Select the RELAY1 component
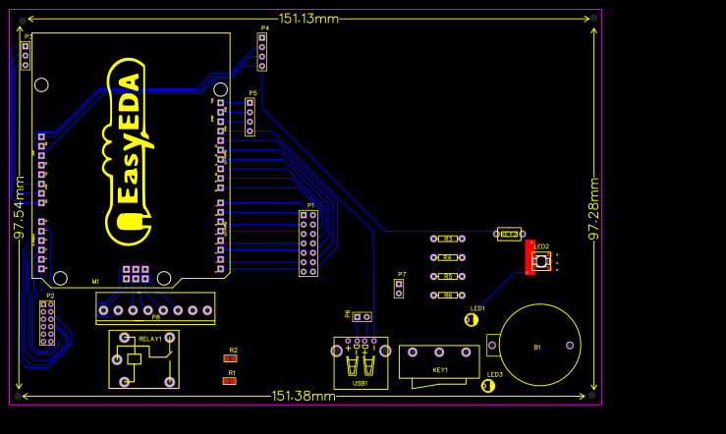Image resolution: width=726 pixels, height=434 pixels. (x=143, y=359)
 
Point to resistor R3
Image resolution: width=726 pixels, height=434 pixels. (x=447, y=238)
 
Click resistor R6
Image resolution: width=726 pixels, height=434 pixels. (x=447, y=295)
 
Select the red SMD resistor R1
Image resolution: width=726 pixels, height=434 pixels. (x=230, y=381)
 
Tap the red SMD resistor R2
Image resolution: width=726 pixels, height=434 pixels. (x=233, y=358)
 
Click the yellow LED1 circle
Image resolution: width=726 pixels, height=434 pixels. (x=472, y=319)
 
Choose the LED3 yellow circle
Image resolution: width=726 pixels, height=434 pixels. (x=487, y=386)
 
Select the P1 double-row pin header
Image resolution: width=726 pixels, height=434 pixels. (x=308, y=243)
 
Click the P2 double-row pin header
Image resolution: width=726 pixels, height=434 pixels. (x=47, y=323)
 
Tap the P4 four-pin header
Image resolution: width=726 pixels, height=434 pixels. (x=261, y=52)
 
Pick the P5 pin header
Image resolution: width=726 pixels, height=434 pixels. (x=251, y=117)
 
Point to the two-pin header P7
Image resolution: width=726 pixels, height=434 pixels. (x=399, y=289)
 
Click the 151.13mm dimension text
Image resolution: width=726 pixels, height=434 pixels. (x=308, y=19)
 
